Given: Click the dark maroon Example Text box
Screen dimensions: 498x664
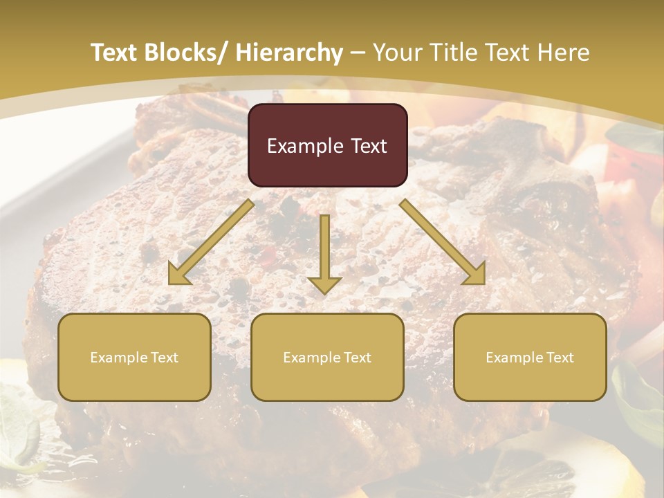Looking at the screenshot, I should click(327, 145).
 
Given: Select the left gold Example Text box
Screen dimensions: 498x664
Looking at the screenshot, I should click(134, 357).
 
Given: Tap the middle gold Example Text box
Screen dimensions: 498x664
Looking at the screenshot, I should click(327, 357).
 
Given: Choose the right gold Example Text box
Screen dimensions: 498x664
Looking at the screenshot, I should click(530, 357).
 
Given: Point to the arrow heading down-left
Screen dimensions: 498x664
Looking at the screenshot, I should click(211, 242).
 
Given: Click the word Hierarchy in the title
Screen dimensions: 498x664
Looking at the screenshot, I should click(289, 53).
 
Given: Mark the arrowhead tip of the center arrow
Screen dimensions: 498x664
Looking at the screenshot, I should click(324, 293).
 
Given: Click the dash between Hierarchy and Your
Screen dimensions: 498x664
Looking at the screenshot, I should click(358, 53).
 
